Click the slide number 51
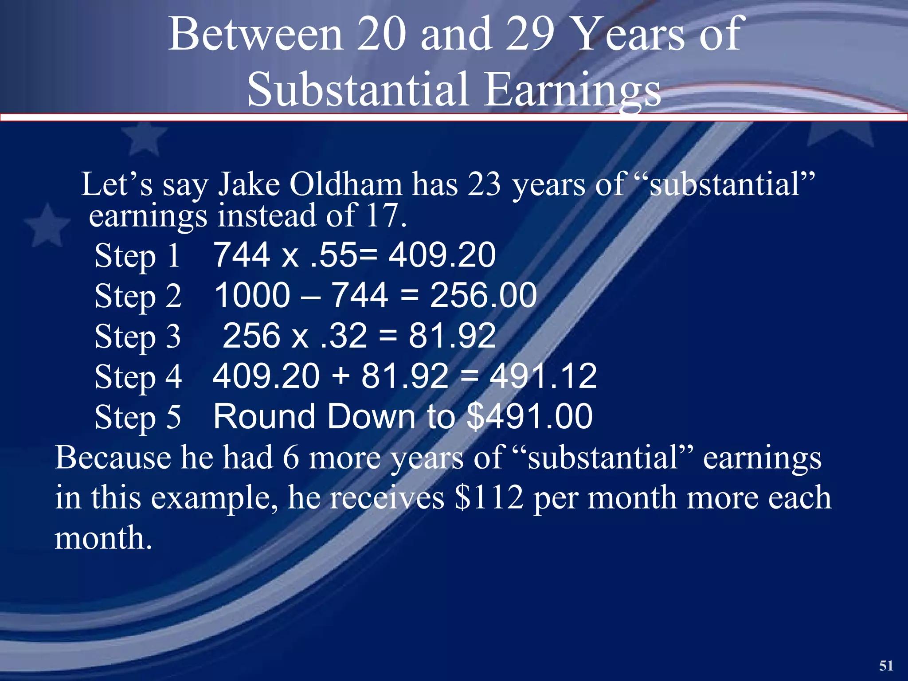pyautogui.click(x=886, y=665)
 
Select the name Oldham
pyautogui.click(x=346, y=184)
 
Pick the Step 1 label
pyautogui.click(x=137, y=256)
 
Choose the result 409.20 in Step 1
pyautogui.click(x=442, y=255)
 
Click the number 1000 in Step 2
pyautogui.click(x=252, y=295)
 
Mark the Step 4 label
pyautogui.click(x=138, y=377)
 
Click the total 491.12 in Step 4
pyautogui.click(x=543, y=376)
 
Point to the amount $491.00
pyautogui.click(x=530, y=416)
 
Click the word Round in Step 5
pyautogui.click(x=264, y=416)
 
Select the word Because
pyautogui.click(x=113, y=458)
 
